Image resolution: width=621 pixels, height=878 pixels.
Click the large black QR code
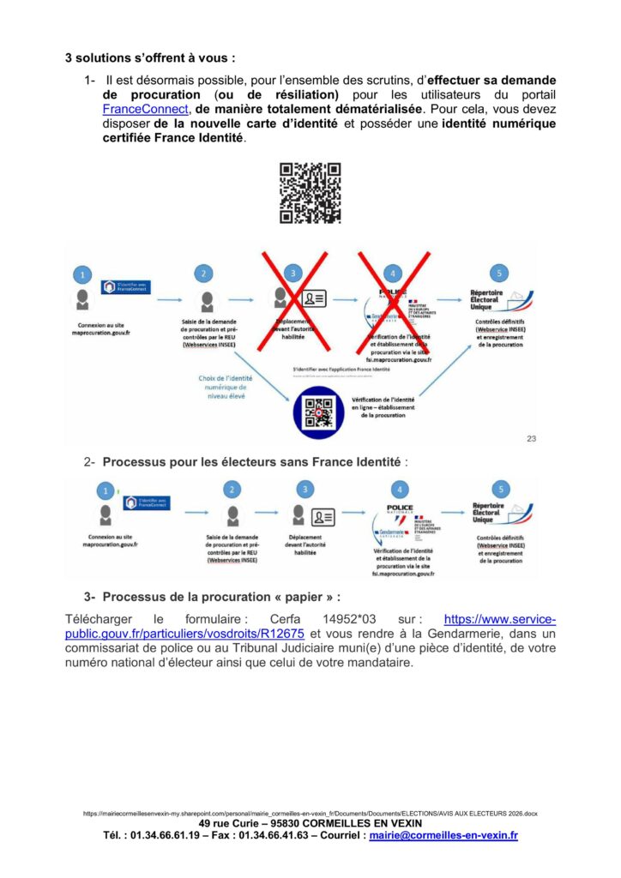310,193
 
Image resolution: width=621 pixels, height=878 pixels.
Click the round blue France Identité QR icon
318,412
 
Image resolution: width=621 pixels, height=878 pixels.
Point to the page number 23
531,439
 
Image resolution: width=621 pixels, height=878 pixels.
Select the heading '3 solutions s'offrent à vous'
150,59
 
